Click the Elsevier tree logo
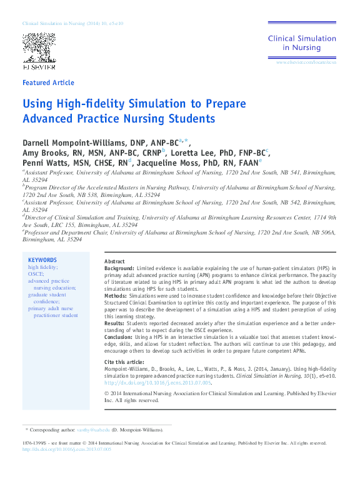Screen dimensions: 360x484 (x=39, y=47)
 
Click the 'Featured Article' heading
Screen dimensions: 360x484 (x=48, y=83)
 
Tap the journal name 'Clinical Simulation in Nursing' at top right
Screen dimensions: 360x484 (x=302, y=43)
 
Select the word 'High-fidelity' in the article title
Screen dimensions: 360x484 (x=85, y=104)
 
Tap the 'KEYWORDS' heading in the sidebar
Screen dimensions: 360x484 (x=42, y=260)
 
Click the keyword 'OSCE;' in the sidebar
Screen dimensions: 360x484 (x=36, y=274)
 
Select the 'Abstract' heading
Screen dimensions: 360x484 (x=114, y=261)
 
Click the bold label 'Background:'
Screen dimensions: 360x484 (x=119, y=268)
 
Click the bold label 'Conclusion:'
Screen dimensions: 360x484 (x=119, y=337)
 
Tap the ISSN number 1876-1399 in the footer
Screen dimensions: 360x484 (x=32, y=443)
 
